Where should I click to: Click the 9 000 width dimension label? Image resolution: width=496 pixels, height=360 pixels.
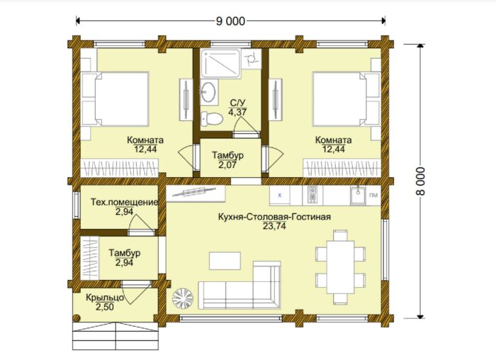click(230, 21)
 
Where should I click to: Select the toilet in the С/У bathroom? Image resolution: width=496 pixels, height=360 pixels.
click(213, 118)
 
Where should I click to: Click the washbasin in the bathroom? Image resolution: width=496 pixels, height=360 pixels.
click(209, 91)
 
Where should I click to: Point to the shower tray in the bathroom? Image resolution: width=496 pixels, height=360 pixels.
click(222, 63)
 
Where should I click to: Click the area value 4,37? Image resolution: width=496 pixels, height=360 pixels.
click(237, 112)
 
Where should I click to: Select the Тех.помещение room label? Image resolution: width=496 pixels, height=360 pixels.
click(124, 202)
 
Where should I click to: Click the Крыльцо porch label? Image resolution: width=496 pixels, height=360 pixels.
click(105, 298)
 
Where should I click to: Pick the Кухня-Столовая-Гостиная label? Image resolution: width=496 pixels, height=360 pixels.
click(274, 217)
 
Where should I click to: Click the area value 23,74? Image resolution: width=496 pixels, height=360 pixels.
click(274, 226)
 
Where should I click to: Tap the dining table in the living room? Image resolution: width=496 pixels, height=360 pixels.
click(340, 267)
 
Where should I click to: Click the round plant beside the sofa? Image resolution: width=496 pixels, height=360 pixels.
click(183, 298)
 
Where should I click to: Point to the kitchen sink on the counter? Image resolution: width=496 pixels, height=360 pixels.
click(358, 196)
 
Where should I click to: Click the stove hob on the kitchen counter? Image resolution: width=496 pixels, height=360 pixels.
click(312, 194)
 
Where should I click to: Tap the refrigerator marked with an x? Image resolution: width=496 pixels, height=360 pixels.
click(280, 196)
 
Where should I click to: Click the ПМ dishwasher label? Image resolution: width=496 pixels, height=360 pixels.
click(373, 195)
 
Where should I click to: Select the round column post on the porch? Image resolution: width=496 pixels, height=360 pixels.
click(76, 318)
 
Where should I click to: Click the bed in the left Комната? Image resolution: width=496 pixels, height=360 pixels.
click(115, 99)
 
